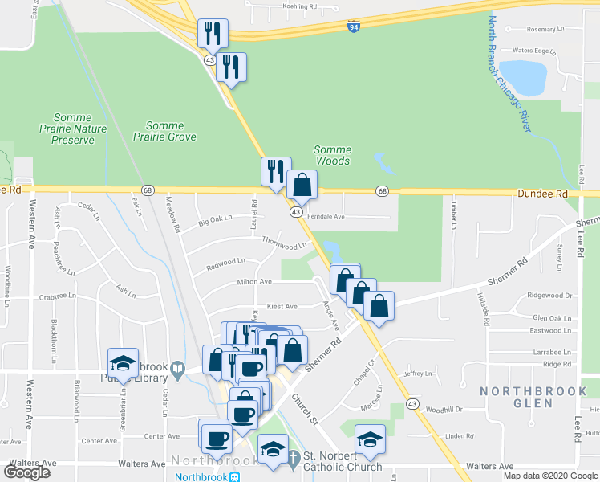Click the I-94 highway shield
(x=354, y=27)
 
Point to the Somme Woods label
(x=332, y=155)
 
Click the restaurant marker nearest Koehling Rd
(x=213, y=33)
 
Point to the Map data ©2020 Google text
(x=550, y=476)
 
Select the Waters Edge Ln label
(x=534, y=51)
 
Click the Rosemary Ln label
(x=536, y=29)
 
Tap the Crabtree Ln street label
(x=57, y=296)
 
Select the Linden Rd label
(x=460, y=436)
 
